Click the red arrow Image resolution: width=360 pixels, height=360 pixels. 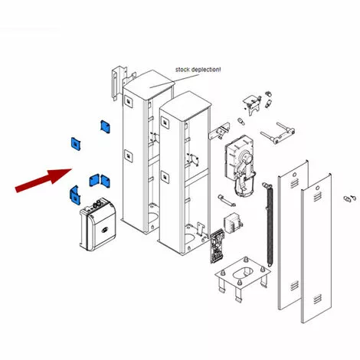44,180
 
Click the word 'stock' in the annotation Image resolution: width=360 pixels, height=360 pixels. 182,70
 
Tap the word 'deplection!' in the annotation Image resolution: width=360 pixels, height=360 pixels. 206,70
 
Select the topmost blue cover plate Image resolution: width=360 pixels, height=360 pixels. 105,126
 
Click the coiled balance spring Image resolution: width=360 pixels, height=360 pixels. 269,224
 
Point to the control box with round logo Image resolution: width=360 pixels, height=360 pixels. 98,224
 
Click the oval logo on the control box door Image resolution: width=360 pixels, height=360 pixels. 105,230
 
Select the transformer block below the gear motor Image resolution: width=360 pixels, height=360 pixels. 233,224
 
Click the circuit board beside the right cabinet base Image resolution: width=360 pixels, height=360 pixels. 218,246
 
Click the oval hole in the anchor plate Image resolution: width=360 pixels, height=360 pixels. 244,273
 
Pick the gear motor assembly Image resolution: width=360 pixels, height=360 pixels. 240,165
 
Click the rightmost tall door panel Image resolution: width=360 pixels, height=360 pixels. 316,248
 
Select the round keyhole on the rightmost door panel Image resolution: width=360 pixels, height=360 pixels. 317,188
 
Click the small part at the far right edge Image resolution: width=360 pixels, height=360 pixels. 349,198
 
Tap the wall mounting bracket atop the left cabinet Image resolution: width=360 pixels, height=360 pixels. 119,82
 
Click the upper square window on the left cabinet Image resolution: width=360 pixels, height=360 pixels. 128,101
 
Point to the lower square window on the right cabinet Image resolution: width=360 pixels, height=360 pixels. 165,177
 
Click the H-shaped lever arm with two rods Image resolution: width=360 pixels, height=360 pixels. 278,133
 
